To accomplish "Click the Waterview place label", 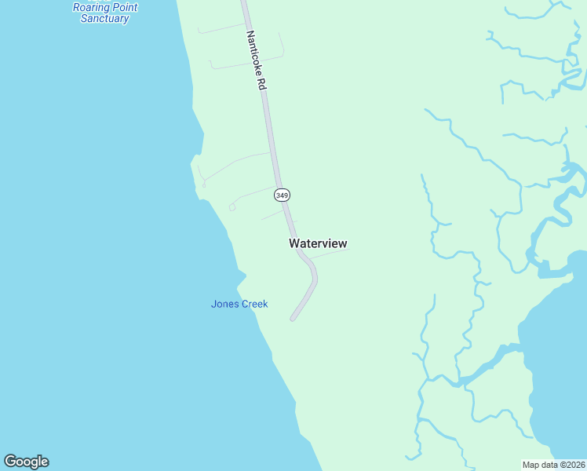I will pyautogui.click(x=318, y=243).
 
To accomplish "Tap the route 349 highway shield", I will pyautogui.click(x=282, y=194).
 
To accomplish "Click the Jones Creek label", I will pyautogui.click(x=239, y=304).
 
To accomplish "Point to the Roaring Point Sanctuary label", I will pyautogui.click(x=104, y=13).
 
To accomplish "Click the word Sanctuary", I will pyautogui.click(x=104, y=18).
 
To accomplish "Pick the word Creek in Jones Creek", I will pyautogui.click(x=253, y=304).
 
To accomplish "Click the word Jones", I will pyautogui.click(x=224, y=304).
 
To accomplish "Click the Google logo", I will pyautogui.click(x=26, y=462).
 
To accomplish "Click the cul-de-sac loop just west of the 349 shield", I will pyautogui.click(x=232, y=207).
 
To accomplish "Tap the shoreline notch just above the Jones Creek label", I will pyautogui.click(x=242, y=276).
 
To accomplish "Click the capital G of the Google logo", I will pyautogui.click(x=10, y=462).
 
